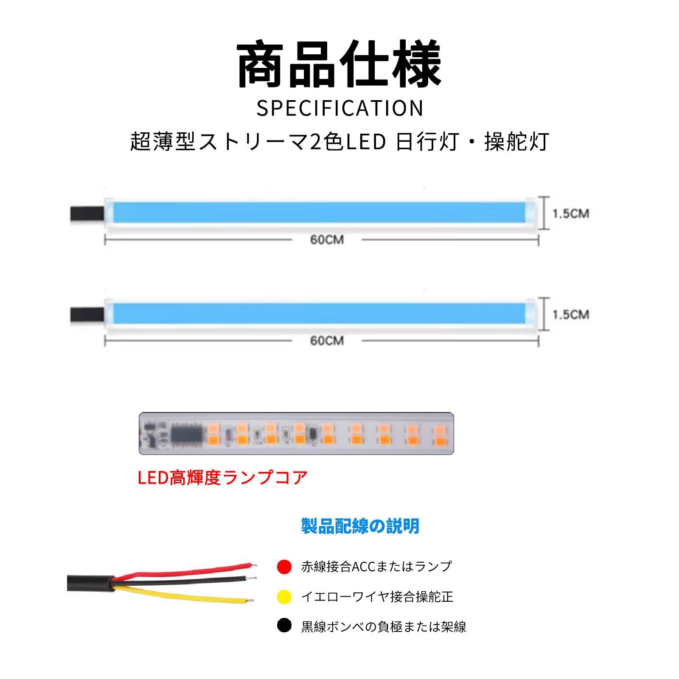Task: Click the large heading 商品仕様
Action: (x=339, y=65)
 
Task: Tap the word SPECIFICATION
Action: (x=339, y=108)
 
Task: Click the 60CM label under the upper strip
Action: (x=327, y=240)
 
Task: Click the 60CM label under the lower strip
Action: (x=327, y=341)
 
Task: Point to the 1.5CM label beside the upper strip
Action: (x=570, y=213)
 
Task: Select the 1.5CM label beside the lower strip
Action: (x=570, y=314)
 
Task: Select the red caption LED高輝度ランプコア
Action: (x=222, y=478)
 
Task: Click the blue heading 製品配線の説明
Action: (x=360, y=526)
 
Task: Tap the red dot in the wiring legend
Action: (x=284, y=567)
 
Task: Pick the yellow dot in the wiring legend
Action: (x=284, y=597)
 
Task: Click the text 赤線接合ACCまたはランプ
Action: (x=376, y=567)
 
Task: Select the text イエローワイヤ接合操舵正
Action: (x=377, y=597)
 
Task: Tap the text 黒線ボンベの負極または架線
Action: (x=383, y=626)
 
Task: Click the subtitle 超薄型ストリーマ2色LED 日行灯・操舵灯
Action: (x=339, y=141)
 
